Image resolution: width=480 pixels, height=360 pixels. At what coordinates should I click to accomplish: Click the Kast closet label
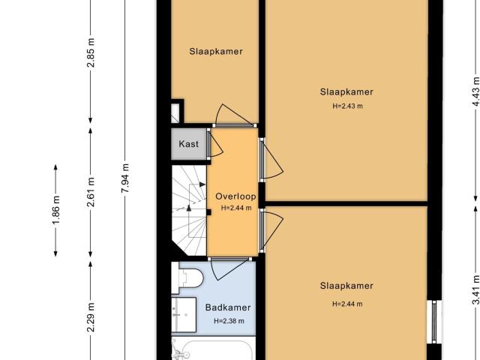(x=188, y=143)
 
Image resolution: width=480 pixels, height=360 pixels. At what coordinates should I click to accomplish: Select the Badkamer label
(x=228, y=307)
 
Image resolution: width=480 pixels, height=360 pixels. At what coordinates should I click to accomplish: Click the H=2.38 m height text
(x=229, y=321)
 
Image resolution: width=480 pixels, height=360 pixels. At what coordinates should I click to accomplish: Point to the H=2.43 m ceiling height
(x=347, y=106)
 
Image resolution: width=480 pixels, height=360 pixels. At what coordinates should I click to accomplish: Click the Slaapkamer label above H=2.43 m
(x=346, y=92)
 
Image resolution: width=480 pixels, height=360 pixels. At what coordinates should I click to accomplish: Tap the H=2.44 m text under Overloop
(x=235, y=208)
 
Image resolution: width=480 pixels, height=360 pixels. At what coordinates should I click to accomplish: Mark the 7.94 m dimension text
(x=125, y=178)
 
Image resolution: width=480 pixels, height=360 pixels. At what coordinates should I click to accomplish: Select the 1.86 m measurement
(x=56, y=211)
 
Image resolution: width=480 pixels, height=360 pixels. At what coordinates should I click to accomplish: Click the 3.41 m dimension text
(x=475, y=289)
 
